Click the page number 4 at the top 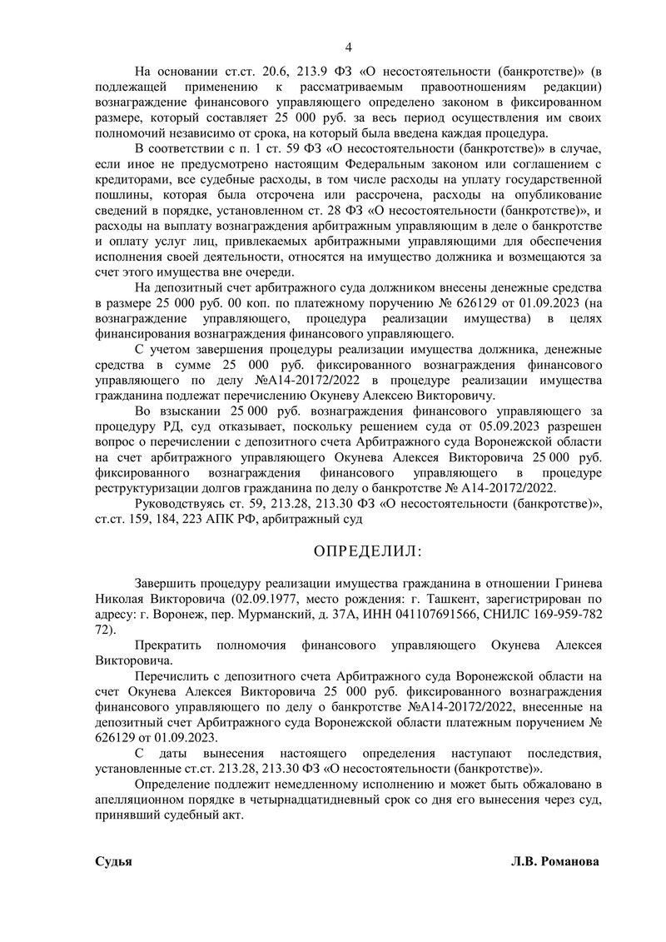(x=349, y=47)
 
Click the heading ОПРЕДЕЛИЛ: (x=366, y=551)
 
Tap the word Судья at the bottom (x=114, y=862)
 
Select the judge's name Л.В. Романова (x=555, y=862)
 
